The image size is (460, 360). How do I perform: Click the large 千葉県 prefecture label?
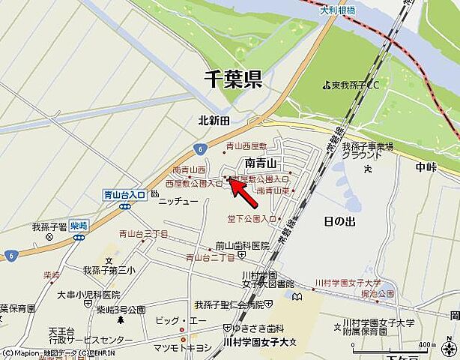[x=234, y=79]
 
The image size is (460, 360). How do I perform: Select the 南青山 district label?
[x=261, y=163]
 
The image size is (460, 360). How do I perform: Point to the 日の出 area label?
[x=339, y=221]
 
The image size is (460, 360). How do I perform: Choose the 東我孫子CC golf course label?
[x=356, y=85]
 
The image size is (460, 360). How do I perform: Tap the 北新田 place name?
[x=214, y=120]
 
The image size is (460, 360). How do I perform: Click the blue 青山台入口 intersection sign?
[x=124, y=195]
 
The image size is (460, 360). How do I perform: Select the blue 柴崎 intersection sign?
[x=79, y=225]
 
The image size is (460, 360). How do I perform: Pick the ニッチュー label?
[x=178, y=201]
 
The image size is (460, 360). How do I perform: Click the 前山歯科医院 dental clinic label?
[x=242, y=245]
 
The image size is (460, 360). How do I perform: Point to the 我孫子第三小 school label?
[x=109, y=270]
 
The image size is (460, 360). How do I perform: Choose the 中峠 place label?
[x=427, y=166]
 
